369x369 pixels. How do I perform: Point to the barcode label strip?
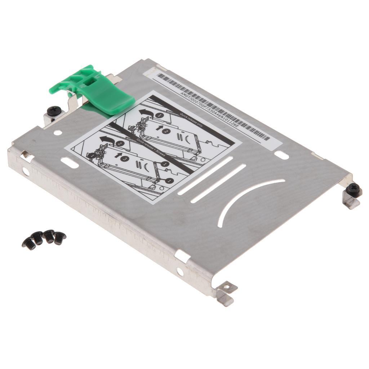tap(213, 107)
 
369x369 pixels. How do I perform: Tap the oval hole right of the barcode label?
tap(281, 155)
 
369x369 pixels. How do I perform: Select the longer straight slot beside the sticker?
tap(205, 177)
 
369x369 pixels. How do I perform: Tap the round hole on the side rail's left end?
tap(26, 172)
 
